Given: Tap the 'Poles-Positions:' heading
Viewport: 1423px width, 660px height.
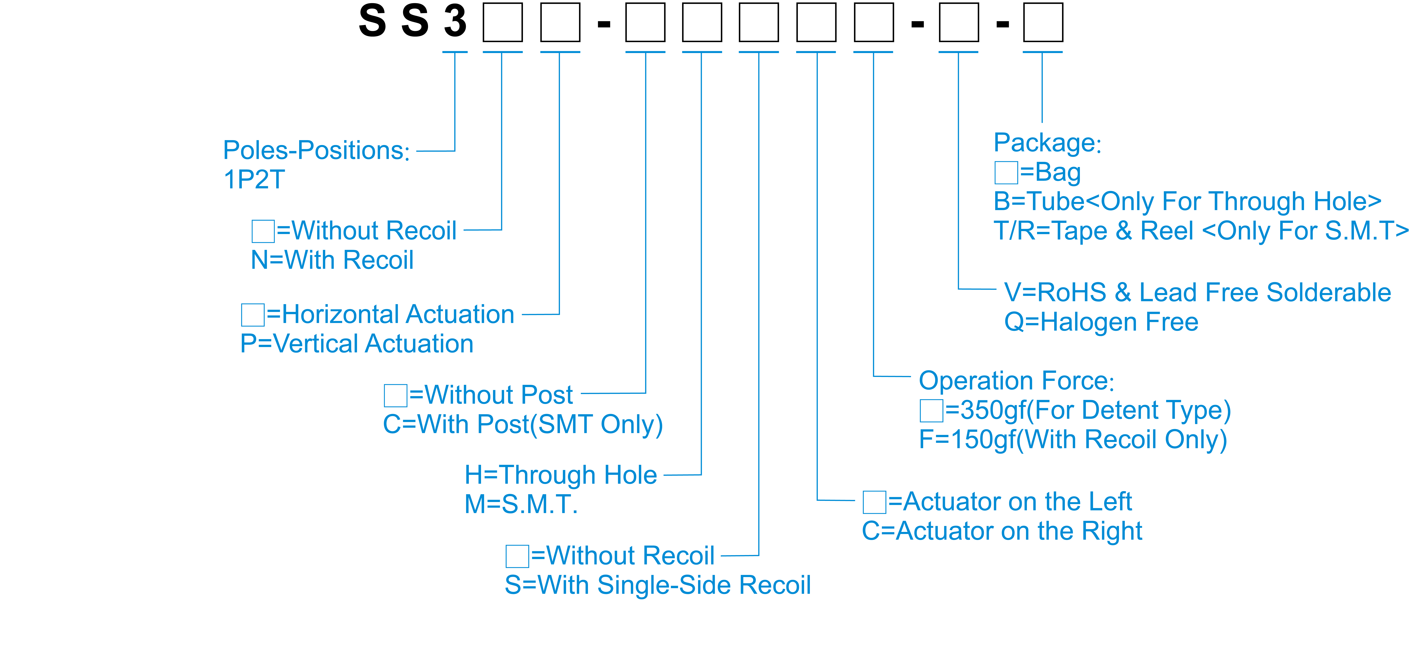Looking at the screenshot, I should click(316, 150).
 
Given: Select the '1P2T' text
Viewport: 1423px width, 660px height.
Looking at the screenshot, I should click(254, 180).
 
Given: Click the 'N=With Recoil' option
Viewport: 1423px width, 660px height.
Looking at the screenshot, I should click(332, 260).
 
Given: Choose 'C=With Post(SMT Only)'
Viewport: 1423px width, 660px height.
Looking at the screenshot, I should click(523, 425).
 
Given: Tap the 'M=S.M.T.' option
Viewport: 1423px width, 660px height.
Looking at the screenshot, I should click(521, 504).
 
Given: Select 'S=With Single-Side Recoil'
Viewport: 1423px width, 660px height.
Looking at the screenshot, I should click(657, 585).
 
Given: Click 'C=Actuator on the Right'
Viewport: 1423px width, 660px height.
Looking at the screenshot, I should click(1002, 531).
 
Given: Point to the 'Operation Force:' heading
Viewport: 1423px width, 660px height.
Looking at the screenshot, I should click(1016, 381).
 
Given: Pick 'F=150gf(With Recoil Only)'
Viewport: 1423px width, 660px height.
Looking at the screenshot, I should click(1073, 440).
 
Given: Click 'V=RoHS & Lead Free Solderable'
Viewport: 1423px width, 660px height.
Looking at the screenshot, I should click(1197, 292).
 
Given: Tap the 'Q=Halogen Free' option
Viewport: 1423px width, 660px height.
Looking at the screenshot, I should click(1101, 322).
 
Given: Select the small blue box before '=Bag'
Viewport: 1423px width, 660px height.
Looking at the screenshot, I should click(1006, 172).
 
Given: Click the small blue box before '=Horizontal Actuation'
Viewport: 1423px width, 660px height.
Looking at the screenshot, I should click(253, 314).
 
